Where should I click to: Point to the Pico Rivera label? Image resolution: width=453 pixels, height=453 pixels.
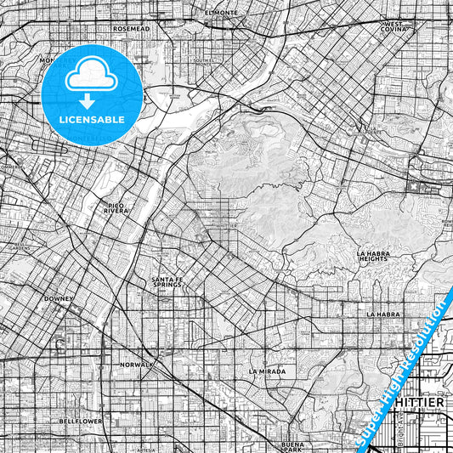pos(116,207)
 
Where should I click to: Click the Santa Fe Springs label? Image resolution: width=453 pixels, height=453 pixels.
pos(167,282)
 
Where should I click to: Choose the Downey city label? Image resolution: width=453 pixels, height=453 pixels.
pos(60,299)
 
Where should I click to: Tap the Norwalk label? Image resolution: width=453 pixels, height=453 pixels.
pos(136,365)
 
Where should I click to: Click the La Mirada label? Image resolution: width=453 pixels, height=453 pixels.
pos(267,371)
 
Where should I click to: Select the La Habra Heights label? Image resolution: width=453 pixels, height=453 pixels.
pos(373,257)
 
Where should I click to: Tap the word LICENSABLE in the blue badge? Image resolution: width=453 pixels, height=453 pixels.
pos(92,120)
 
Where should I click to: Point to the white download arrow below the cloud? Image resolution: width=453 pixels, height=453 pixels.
pos(92,99)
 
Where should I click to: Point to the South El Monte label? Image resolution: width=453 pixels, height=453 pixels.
pos(204,62)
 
